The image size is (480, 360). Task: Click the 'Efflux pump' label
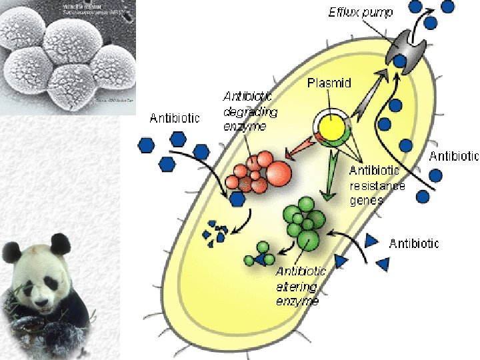point(360,12)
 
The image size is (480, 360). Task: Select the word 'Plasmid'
point(329,84)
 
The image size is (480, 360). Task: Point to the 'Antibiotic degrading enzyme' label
point(249,111)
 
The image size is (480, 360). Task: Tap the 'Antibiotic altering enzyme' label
point(301,286)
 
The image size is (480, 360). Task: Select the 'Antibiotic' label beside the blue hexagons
point(175,119)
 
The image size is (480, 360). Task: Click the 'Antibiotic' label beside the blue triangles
point(413,243)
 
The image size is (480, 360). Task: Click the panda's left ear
point(11,251)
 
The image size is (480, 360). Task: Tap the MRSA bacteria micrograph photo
point(67,57)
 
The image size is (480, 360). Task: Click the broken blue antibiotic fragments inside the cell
point(215,231)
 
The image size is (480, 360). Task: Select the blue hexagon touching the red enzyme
point(237,198)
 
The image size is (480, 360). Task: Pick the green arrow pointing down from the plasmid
point(326,180)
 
